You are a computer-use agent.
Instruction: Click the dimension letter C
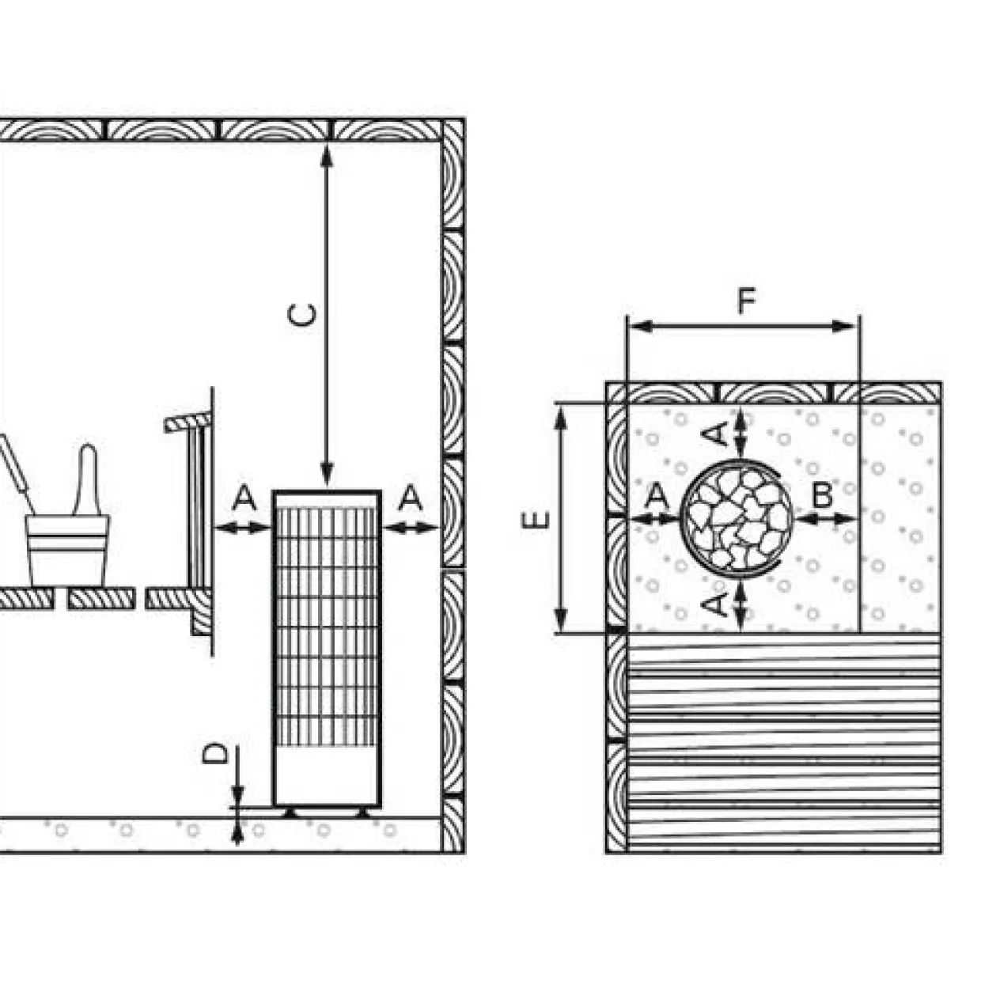pyautogui.click(x=302, y=315)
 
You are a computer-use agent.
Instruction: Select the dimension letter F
pyautogui.click(x=746, y=301)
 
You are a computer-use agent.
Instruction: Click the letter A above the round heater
pyautogui.click(x=714, y=435)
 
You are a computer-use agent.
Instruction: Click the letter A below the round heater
pyautogui.click(x=714, y=604)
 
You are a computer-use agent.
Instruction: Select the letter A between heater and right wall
pyautogui.click(x=411, y=497)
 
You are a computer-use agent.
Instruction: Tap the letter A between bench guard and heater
pyautogui.click(x=245, y=497)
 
